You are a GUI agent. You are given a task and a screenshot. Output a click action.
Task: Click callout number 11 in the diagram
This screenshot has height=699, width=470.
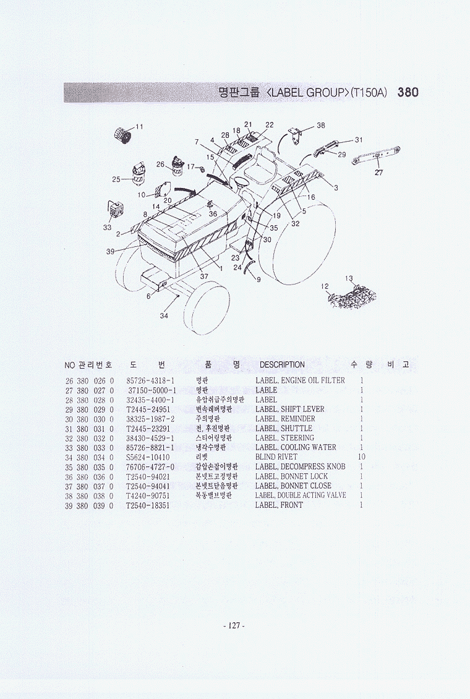139,127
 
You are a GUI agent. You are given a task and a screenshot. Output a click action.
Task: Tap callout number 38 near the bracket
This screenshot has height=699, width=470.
320,126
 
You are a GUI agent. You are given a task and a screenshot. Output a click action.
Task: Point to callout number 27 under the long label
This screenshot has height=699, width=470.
378,173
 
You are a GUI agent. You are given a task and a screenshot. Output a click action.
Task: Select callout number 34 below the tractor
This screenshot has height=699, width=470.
164,316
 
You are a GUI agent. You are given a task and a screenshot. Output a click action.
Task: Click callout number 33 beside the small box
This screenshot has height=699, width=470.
107,228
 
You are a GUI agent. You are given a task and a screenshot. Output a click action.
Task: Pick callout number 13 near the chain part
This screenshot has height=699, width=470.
349,278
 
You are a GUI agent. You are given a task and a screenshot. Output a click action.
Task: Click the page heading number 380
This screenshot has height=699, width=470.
408,93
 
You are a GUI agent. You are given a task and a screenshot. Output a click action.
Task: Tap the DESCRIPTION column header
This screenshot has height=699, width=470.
282,365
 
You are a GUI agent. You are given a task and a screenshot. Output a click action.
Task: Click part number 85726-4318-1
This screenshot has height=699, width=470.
150,380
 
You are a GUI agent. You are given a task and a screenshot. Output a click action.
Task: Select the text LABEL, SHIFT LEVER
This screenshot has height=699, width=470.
289,410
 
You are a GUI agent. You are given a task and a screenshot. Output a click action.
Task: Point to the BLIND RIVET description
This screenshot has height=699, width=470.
276,457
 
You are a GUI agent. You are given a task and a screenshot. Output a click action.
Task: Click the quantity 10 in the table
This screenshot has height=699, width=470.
361,457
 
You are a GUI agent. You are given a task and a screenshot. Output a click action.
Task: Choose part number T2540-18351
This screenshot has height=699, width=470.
147,505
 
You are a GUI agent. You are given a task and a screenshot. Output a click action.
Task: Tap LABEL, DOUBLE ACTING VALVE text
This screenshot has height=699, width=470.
301,495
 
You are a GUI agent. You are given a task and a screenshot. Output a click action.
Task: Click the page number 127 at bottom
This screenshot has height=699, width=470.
234,626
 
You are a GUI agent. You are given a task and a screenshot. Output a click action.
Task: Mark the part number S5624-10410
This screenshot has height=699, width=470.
147,457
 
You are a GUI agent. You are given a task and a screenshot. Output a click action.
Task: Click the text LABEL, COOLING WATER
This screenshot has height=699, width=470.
296,447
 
